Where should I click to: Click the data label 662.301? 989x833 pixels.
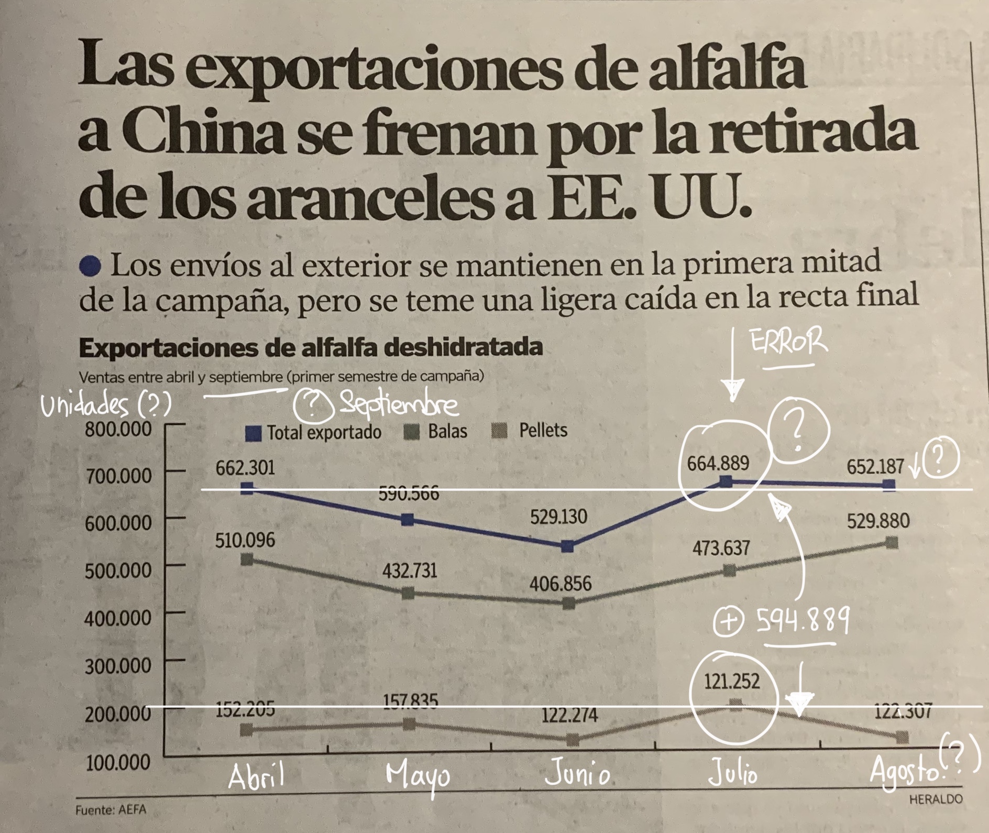tap(245, 467)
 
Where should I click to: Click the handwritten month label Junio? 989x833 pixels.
tap(578, 775)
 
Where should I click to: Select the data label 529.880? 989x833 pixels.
tap(878, 521)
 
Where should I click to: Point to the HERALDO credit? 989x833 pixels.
tap(936, 799)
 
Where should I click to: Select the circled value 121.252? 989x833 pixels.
tap(732, 681)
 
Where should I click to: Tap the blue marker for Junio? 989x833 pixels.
tap(567, 546)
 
